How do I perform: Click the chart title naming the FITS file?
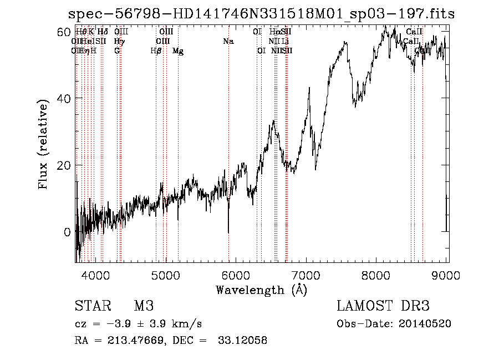tap(261, 14)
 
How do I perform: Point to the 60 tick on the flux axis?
tap(65, 32)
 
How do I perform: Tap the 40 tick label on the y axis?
tap(65, 98)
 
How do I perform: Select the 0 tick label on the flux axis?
tap(68, 232)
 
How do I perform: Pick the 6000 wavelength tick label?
tap(236, 274)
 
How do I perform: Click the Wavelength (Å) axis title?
tap(261, 289)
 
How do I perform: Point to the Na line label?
tap(228, 42)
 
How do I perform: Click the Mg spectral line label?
tap(178, 51)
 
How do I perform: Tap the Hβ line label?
tap(156, 51)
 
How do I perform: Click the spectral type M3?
tap(144, 306)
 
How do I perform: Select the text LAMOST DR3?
tap(383, 306)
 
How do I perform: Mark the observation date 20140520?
tap(426, 323)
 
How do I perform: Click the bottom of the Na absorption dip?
tap(228, 232)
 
